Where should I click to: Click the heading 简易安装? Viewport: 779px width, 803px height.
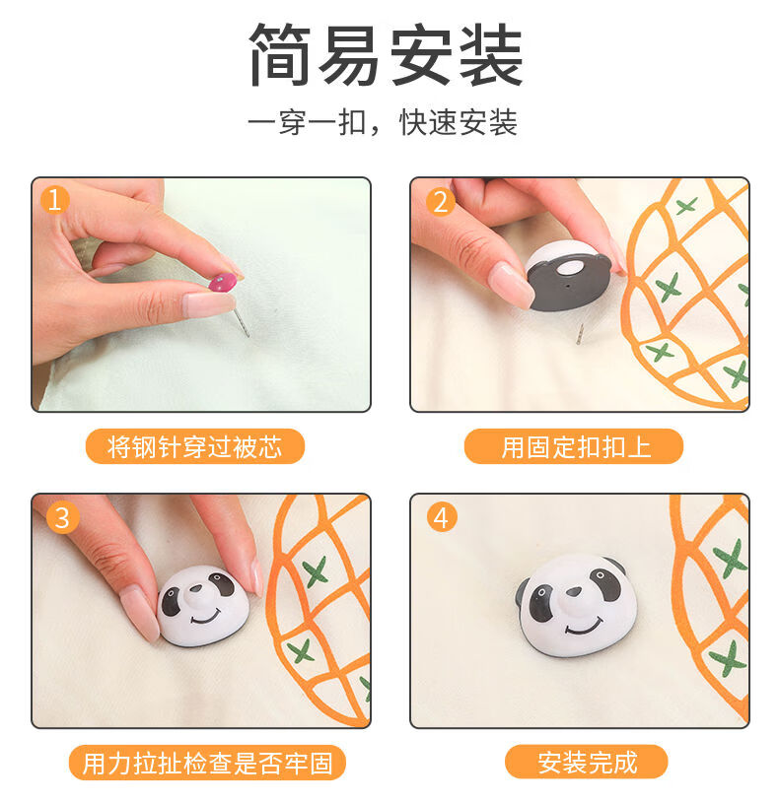coord(386,54)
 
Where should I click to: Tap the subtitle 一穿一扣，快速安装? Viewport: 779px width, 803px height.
coord(383,122)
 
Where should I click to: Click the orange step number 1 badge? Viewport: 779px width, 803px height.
coord(55,199)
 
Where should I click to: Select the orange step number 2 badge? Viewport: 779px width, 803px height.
coord(440,202)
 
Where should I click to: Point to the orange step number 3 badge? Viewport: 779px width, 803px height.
coord(62,517)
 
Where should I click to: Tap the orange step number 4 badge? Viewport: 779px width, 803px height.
coord(441,517)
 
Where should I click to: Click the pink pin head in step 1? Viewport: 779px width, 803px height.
coord(223,282)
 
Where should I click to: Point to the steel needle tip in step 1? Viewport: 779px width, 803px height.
coord(248,335)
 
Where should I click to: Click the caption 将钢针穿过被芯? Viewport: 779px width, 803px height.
coord(195,446)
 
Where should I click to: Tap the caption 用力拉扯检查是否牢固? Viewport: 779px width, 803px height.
coord(207,763)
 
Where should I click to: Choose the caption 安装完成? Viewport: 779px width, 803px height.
coord(588,763)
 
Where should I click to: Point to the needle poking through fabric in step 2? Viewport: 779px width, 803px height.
coord(580,334)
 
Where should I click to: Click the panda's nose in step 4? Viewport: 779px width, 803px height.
coord(574,592)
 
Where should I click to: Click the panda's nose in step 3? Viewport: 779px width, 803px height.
coord(195,589)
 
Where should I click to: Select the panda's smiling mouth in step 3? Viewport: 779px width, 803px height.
coord(206,617)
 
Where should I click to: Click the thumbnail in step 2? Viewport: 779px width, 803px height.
coord(511,283)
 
